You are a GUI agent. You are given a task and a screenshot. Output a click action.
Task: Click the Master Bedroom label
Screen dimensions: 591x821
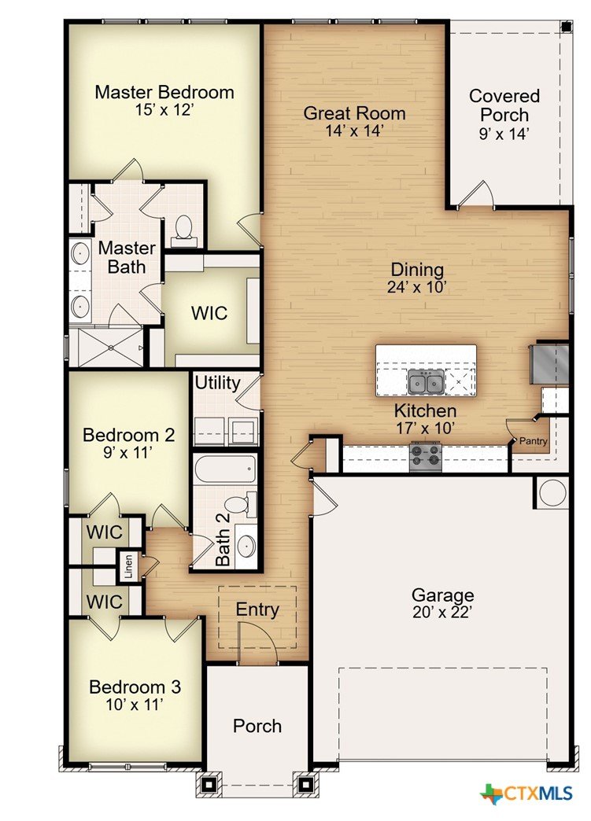164,92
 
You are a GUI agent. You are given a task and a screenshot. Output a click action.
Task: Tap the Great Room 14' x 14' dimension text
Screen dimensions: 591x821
355,131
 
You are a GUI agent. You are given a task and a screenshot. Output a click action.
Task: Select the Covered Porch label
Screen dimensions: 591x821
504,105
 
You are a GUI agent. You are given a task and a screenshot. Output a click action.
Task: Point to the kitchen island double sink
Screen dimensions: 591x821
426,381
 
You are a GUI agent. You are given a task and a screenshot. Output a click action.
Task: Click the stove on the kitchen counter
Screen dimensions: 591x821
426,456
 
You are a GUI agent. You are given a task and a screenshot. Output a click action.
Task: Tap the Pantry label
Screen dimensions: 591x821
533,441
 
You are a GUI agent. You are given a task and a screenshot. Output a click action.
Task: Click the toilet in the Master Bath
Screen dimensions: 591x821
183,231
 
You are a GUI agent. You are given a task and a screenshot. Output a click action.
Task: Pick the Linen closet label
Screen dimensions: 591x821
128,566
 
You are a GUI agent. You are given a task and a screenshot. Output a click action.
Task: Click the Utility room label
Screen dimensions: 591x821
217,383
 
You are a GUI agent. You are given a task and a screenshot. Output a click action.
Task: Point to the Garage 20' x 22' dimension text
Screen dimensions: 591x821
443,612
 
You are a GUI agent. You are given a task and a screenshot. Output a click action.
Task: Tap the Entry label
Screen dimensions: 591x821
257,609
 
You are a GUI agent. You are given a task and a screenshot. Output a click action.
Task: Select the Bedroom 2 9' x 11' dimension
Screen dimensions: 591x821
127,452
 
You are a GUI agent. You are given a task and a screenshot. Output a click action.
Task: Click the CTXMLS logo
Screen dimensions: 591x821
527,793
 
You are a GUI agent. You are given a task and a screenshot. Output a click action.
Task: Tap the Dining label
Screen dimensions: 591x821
418,271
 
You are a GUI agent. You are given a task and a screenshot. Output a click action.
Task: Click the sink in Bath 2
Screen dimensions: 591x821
246,546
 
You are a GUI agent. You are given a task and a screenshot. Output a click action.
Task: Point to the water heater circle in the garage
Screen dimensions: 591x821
552,493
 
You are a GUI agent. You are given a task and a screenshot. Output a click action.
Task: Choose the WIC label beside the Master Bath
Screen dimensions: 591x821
209,313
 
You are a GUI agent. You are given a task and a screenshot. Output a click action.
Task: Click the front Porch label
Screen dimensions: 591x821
257,726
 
